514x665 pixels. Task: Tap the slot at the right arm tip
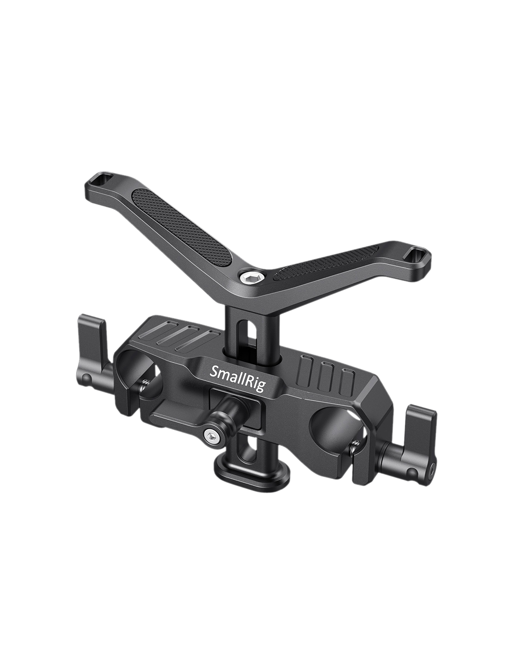[417, 253]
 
